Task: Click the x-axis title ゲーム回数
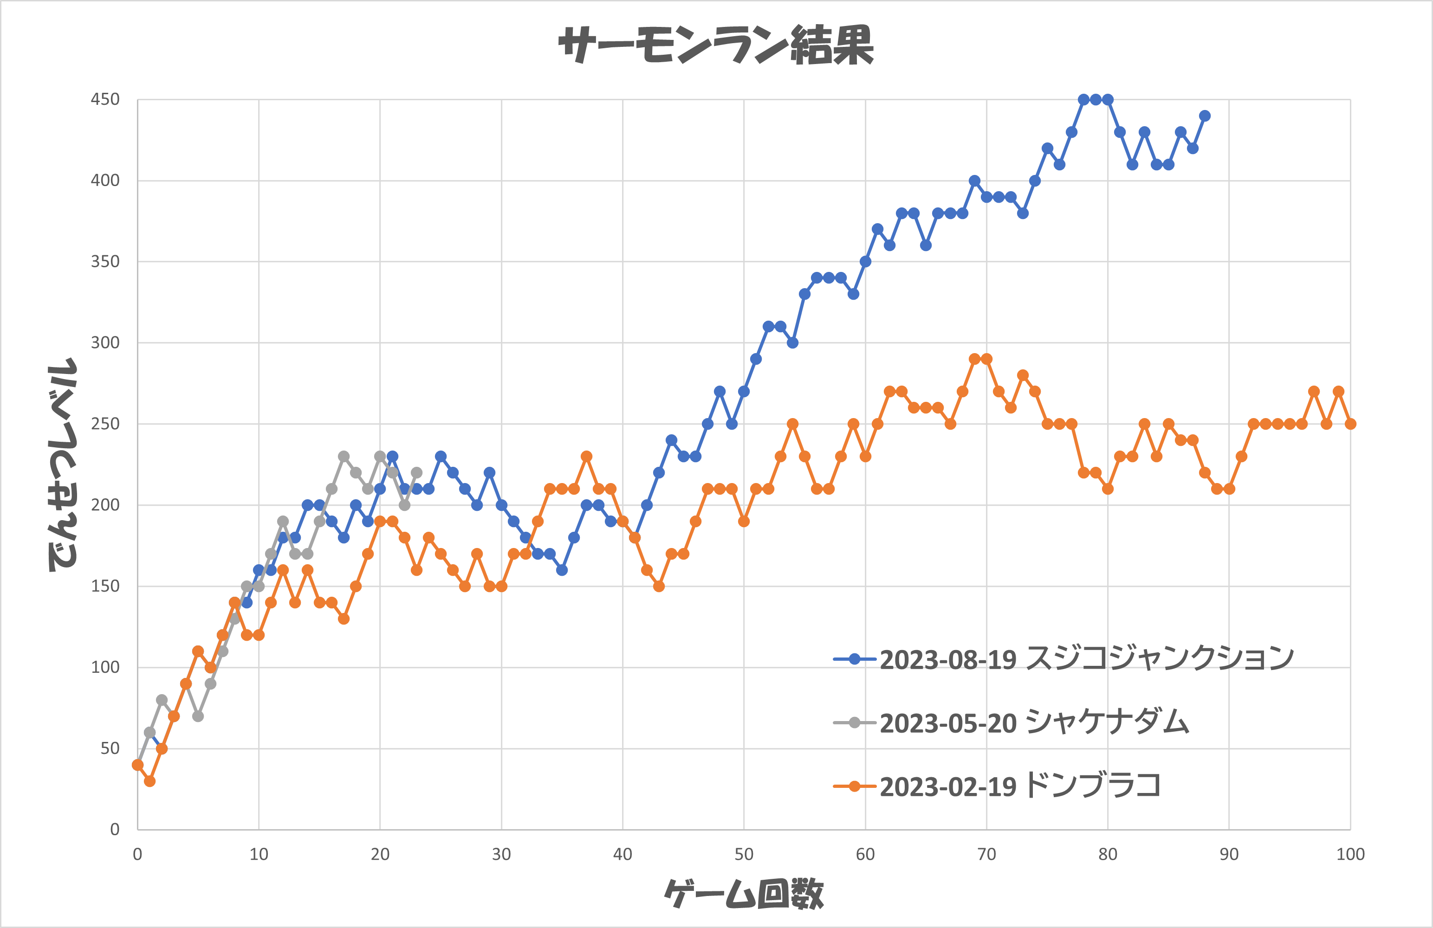coord(744,893)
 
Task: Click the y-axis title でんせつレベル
coord(62,464)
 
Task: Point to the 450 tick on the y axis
coord(105,99)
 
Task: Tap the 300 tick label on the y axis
coord(105,342)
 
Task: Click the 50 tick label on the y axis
coord(110,748)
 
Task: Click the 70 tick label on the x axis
coord(986,854)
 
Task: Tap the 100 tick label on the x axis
coord(1350,854)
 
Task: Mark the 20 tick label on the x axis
coord(380,854)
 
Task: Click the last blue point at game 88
coord(1205,116)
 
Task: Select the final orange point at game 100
coord(1350,424)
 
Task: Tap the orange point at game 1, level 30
coord(150,780)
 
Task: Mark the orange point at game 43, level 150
coord(659,586)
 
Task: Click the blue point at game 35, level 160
coord(562,570)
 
